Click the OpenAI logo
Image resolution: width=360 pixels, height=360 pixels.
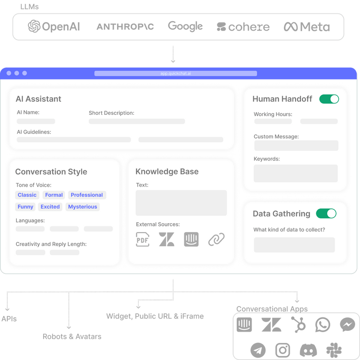(x=54, y=26)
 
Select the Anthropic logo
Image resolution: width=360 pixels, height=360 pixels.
(x=125, y=27)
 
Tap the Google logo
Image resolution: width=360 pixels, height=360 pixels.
(x=185, y=26)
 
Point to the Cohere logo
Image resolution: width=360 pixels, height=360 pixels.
(x=243, y=27)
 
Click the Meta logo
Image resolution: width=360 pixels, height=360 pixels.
(x=307, y=27)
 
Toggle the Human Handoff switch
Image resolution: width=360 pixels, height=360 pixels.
(x=329, y=99)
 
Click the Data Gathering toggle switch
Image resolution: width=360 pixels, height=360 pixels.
(x=326, y=213)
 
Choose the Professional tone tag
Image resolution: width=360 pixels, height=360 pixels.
(x=87, y=195)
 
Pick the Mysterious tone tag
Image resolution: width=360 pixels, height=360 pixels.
(x=82, y=207)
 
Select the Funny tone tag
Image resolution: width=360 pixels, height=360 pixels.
(x=26, y=207)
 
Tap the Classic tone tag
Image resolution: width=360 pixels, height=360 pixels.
(x=27, y=195)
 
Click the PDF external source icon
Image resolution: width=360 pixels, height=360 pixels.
(x=142, y=239)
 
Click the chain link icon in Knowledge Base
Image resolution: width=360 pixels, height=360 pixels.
(x=216, y=239)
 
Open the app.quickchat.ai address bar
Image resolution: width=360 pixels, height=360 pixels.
(x=175, y=73)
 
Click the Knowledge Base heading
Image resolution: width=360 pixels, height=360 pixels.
(x=167, y=171)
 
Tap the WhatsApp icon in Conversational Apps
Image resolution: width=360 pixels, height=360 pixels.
(x=323, y=324)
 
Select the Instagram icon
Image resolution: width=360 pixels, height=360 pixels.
(x=283, y=349)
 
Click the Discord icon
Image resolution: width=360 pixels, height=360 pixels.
(x=308, y=349)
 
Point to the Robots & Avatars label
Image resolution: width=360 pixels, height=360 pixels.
(x=72, y=336)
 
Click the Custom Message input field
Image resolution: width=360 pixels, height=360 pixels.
(x=296, y=145)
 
